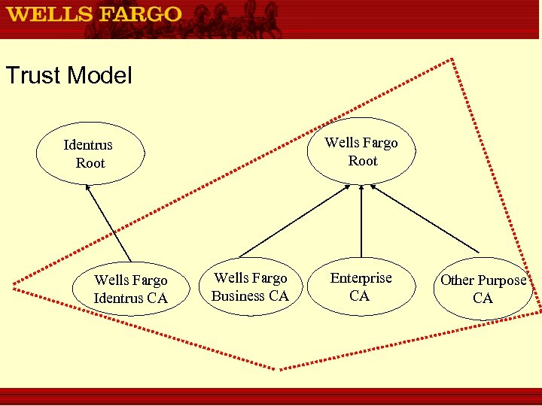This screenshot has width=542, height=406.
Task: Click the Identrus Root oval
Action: (90, 154)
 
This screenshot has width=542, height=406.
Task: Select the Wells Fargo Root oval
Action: (362, 152)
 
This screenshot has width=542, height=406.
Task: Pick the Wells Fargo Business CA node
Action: (250, 287)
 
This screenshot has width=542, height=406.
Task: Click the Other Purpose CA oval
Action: (483, 289)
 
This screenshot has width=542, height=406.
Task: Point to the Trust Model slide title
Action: (69, 75)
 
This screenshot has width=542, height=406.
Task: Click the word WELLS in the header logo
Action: (44, 14)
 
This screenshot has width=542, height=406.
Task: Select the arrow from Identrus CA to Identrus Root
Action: (109, 223)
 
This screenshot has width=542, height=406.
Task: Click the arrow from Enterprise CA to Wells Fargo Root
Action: (361, 222)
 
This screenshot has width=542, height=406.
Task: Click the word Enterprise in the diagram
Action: (361, 278)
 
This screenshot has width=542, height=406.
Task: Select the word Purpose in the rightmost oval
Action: (502, 280)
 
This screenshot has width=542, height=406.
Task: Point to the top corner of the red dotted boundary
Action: (452, 59)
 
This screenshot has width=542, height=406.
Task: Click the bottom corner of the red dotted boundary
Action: (281, 368)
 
